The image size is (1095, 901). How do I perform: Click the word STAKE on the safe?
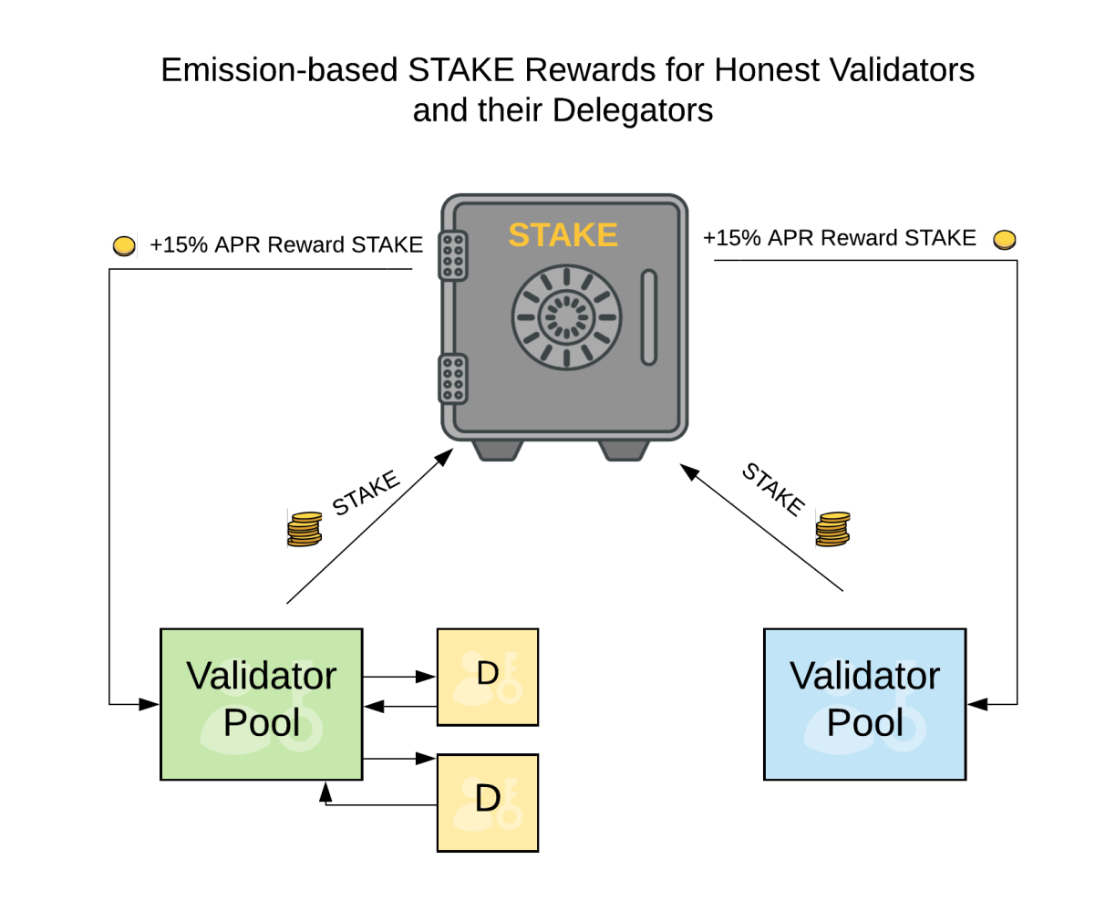pyautogui.click(x=563, y=235)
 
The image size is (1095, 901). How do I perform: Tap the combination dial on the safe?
pyautogui.click(x=566, y=317)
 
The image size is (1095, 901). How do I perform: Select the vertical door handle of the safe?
pyautogui.click(x=648, y=317)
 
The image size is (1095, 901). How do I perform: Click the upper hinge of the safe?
pyautogui.click(x=453, y=255)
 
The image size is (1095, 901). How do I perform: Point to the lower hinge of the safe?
pyautogui.click(x=453, y=378)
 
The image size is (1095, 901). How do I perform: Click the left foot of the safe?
pyautogui.click(x=497, y=450)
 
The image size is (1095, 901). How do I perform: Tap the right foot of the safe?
pyautogui.click(x=624, y=450)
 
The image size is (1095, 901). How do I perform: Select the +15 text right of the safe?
pyautogui.click(x=722, y=238)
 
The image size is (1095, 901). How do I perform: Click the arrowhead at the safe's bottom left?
pyautogui.click(x=444, y=457)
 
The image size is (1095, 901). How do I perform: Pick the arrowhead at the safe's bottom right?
pyautogui.click(x=689, y=471)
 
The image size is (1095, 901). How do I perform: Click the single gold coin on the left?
pyautogui.click(x=124, y=245)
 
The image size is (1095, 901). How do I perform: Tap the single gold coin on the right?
pyautogui.click(x=1004, y=240)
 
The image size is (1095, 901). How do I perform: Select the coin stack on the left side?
pyautogui.click(x=305, y=529)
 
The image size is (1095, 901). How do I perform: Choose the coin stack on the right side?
pyautogui.click(x=832, y=529)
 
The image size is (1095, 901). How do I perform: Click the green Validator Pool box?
pyautogui.click(x=262, y=704)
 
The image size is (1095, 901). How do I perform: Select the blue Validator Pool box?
pyautogui.click(x=864, y=704)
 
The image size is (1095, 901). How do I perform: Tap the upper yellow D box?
pyautogui.click(x=488, y=677)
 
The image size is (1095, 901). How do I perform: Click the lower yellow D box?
pyautogui.click(x=488, y=803)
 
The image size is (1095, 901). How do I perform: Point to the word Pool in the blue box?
pyautogui.click(x=864, y=722)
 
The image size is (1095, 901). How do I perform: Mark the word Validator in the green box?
pyautogui.click(x=262, y=676)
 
